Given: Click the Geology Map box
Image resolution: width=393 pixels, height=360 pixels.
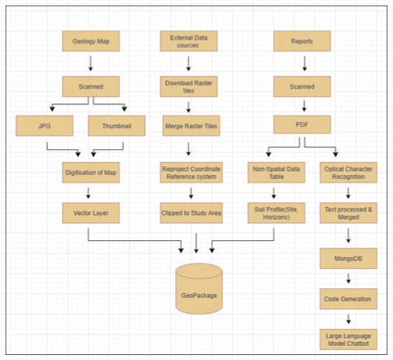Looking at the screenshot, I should [90, 42].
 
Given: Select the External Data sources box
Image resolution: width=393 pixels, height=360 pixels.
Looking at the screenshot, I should [190, 41].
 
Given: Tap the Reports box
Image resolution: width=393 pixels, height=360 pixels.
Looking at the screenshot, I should [303, 42].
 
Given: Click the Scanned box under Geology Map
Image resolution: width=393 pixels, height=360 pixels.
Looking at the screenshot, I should [90, 86].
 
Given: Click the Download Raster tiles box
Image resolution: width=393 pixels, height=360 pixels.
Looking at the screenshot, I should [190, 86].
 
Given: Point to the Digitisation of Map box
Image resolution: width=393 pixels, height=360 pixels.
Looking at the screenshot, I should [90, 173].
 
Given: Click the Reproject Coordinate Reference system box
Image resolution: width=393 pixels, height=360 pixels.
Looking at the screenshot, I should [190, 173].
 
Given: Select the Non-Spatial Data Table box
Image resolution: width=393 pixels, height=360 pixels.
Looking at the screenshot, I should [276, 173].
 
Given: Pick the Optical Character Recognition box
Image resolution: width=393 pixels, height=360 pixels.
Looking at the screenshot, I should [346, 173].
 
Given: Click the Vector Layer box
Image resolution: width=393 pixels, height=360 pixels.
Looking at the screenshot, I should [90, 214].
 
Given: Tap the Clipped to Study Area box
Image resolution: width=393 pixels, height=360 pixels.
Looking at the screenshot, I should [190, 214].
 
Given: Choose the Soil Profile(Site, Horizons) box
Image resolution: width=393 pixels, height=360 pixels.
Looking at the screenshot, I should [276, 214].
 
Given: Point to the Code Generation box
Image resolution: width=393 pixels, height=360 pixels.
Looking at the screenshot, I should [346, 299].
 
